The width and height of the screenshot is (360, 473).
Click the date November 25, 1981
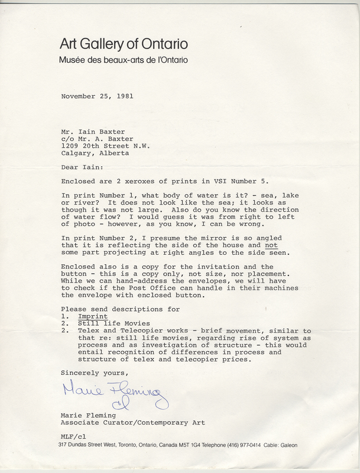tap(101, 96)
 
